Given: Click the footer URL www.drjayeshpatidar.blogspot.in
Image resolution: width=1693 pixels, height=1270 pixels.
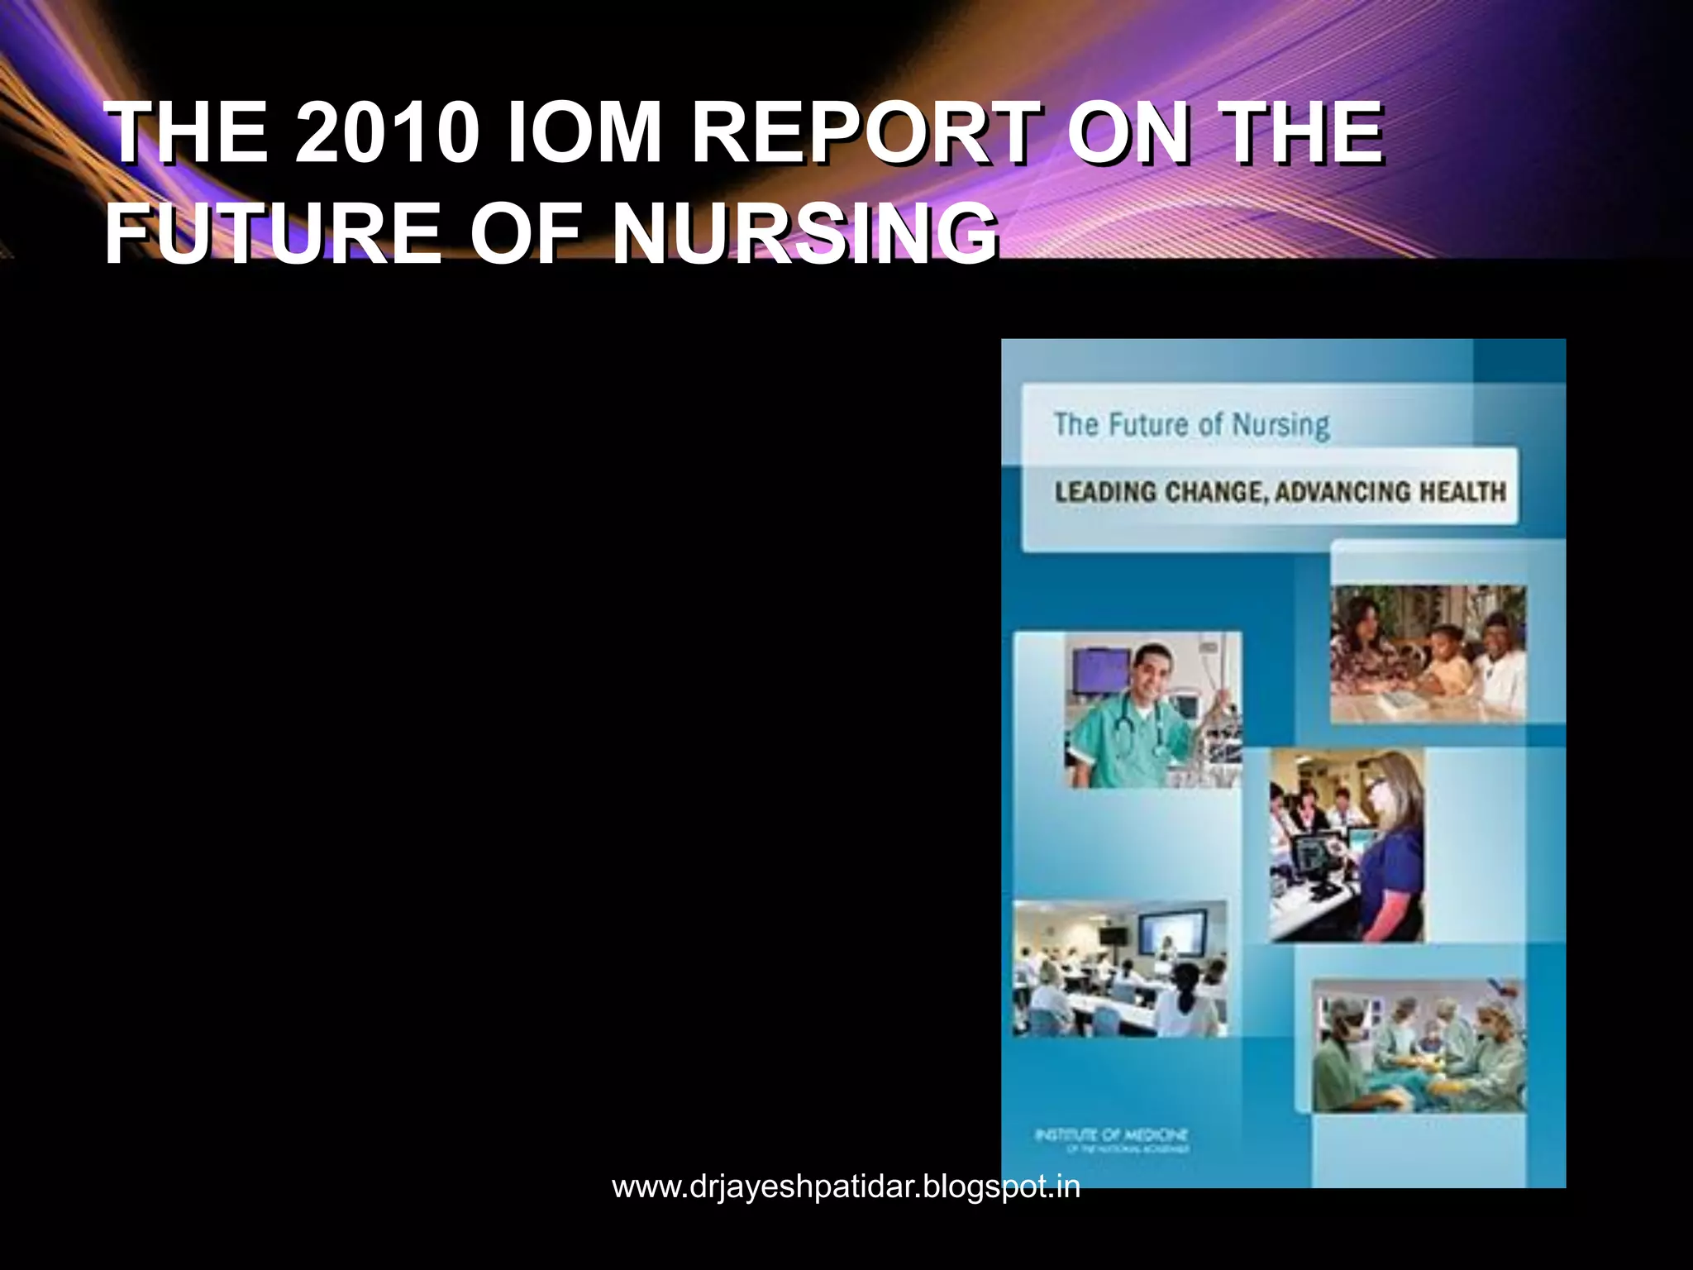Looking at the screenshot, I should (846, 1186).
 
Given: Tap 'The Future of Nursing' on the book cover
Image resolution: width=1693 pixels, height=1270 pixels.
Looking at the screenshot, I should (1191, 425).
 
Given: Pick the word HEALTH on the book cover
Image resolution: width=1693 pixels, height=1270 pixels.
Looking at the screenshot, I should (1462, 493).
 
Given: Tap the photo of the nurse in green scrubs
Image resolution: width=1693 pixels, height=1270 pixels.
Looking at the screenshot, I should (1152, 709).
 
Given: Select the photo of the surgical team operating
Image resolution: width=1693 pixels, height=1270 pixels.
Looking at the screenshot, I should (1419, 1045).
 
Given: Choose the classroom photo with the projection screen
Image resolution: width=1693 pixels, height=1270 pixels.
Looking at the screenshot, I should (1120, 967).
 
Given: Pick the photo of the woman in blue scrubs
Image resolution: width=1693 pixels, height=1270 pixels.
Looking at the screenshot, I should (1347, 844).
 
